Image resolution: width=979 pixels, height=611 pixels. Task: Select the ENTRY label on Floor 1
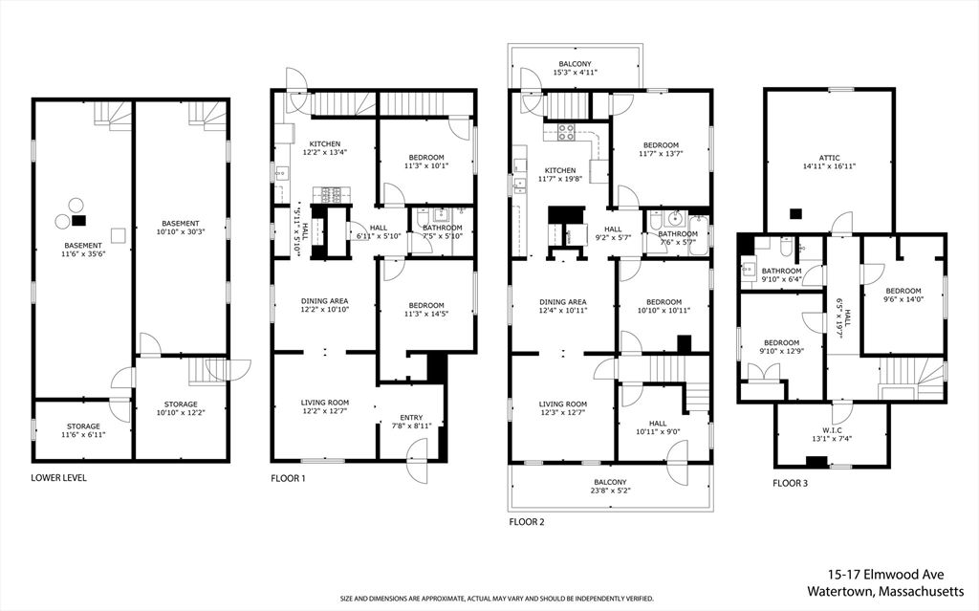[x=409, y=417]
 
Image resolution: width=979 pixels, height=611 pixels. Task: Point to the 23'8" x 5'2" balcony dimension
[x=610, y=491]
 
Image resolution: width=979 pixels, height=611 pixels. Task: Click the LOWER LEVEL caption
[x=59, y=477]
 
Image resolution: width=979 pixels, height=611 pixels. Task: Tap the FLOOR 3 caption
[x=790, y=484]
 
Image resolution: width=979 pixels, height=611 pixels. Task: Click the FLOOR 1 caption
[x=288, y=477]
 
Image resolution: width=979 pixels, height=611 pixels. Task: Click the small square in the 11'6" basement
[x=119, y=235]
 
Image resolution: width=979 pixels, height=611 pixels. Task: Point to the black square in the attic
[x=794, y=214]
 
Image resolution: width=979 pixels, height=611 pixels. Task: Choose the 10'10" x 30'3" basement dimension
[x=180, y=232]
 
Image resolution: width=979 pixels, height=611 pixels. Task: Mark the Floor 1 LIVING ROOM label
[x=324, y=404]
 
